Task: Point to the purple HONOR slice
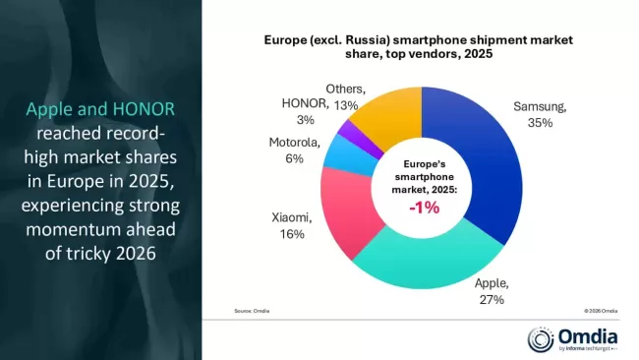tap(345, 129)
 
